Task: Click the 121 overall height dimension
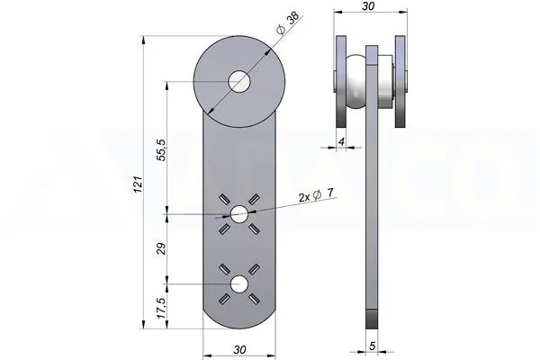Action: (138, 184)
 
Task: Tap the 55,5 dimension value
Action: (161, 150)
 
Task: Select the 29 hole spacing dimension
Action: (161, 248)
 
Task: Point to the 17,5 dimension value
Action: (161, 308)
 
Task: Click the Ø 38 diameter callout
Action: (288, 24)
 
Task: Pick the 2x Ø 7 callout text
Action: (316, 195)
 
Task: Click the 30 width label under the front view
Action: (239, 350)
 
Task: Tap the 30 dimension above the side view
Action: (368, 6)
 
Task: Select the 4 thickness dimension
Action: (341, 141)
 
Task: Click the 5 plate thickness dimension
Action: (372, 346)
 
